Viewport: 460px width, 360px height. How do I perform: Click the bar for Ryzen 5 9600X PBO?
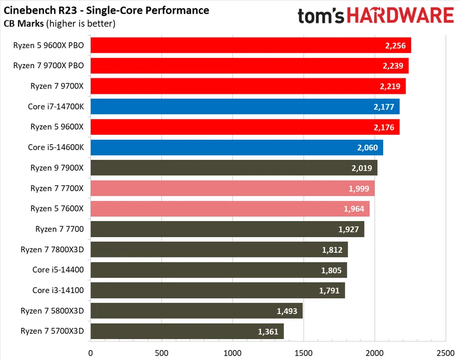250,46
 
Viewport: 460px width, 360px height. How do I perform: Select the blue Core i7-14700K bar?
245,107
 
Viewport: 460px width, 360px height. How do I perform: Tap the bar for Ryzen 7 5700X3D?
187,331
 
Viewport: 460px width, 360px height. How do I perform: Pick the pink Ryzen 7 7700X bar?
232,188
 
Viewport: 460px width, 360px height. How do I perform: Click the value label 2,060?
368,148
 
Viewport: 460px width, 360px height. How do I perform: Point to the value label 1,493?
287,311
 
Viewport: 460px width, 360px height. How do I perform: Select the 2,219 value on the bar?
390,86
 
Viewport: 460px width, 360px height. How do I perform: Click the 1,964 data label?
354,209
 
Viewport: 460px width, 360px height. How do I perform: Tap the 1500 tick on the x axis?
304,353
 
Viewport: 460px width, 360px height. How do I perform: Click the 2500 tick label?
445,353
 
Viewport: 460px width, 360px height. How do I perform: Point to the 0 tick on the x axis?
91,353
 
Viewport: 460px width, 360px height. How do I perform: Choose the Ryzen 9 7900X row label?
57,168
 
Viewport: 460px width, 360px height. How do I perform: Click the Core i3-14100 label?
58,290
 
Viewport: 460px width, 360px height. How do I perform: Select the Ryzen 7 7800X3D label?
52,249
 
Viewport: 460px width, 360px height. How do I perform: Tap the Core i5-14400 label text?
58,270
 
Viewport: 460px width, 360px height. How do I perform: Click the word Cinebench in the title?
28,10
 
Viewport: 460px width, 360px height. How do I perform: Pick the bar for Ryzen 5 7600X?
230,209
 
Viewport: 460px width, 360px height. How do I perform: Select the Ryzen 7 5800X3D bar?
196,311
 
